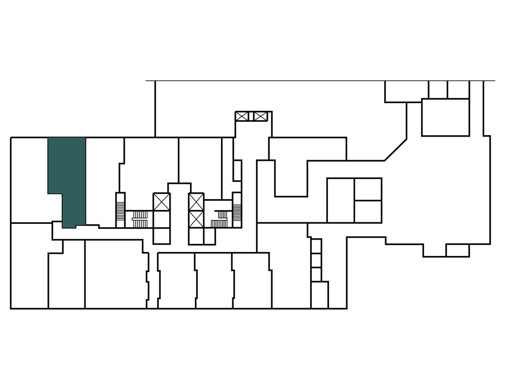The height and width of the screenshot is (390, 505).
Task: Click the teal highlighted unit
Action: click(69, 177)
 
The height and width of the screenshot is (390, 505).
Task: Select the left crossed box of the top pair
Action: click(242, 116)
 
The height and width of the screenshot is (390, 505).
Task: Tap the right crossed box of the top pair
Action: click(260, 116)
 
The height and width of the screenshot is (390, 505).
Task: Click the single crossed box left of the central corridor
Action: click(161, 202)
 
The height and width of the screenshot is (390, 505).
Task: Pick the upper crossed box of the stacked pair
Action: click(196, 202)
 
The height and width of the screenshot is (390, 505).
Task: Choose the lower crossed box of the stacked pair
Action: click(196, 218)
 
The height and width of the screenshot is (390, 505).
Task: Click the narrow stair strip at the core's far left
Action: click(120, 210)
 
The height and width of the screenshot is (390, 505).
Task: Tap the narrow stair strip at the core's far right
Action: click(237, 210)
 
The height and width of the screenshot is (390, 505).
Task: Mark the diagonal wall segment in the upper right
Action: click(396, 150)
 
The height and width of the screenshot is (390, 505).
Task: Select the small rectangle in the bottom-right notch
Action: click(457, 250)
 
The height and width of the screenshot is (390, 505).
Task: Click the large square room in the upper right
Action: click(445, 117)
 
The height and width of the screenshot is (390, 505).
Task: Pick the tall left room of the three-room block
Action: click(340, 200)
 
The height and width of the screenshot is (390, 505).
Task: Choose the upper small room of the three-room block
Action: click(368, 189)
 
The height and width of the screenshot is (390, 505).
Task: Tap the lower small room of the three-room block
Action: click(368, 212)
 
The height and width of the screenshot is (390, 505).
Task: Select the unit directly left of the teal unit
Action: click(29, 180)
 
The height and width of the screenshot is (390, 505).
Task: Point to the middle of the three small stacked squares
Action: click(316, 260)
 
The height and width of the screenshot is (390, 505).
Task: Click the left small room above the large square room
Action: click(438, 89)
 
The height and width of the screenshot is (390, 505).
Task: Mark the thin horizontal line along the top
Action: click(321, 80)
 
